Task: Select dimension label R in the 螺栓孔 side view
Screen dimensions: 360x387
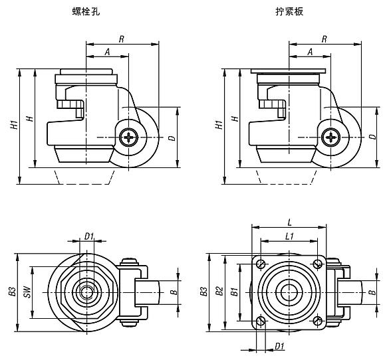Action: [x=120, y=39]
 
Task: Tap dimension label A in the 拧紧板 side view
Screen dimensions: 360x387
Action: [x=310, y=52]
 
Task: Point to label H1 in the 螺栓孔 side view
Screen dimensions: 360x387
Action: [x=14, y=126]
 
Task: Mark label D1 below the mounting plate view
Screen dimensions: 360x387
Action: [x=280, y=346]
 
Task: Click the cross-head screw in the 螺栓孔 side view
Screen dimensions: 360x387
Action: [x=128, y=137]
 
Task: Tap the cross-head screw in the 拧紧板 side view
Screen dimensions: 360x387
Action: [x=330, y=137]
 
